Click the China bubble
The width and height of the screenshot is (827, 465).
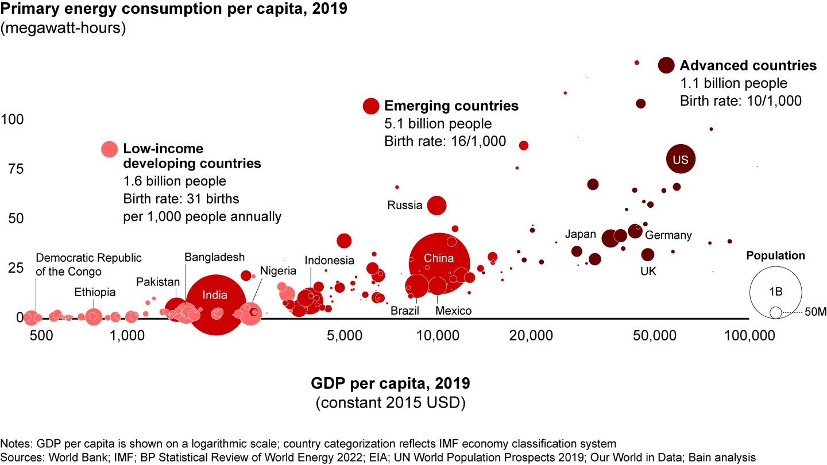[439, 263]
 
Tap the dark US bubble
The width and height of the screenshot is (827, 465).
[681, 160]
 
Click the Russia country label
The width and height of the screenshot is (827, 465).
[405, 205]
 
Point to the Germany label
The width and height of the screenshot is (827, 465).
[668, 235]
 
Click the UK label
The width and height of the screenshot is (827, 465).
[648, 270]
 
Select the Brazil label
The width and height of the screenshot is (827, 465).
[405, 311]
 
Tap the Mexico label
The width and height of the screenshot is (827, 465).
[453, 311]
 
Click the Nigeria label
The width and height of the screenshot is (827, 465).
[278, 270]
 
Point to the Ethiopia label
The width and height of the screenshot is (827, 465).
[95, 292]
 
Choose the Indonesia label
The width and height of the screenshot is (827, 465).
[330, 260]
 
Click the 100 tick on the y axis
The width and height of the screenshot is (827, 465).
[13, 120]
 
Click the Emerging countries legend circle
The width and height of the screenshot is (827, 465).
[371, 106]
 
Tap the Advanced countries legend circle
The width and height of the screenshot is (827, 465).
[666, 65]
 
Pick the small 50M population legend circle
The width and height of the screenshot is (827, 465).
[776, 312]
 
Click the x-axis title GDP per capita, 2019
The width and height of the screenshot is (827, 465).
[391, 382]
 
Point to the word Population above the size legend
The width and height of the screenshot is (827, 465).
[775, 256]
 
